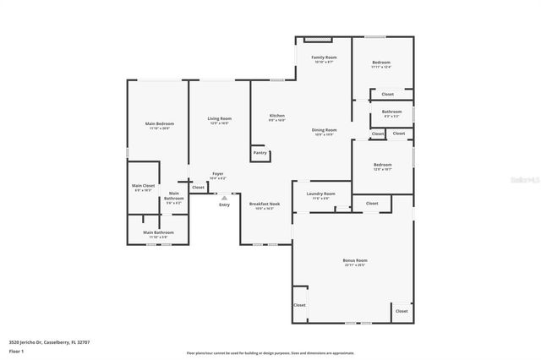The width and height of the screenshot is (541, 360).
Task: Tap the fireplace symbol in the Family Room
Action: click(314, 39)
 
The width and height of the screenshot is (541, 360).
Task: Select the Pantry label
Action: click(260, 153)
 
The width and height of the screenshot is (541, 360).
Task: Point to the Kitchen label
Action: click(277, 116)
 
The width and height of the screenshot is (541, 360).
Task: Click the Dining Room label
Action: click(325, 130)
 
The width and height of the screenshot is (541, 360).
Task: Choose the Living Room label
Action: click(220, 119)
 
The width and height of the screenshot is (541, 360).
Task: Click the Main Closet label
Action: click(143, 185)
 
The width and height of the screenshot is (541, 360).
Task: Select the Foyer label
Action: click(217, 174)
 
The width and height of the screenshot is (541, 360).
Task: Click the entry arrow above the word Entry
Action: click(224, 197)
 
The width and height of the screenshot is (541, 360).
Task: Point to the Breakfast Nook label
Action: click(265, 204)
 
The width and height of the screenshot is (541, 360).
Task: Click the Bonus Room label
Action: click(354, 260)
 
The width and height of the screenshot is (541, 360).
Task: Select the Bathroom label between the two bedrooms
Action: click(391, 112)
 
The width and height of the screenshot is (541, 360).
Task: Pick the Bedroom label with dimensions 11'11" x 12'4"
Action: click(381, 63)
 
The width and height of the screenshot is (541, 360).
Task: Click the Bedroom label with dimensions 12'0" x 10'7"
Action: click(382, 165)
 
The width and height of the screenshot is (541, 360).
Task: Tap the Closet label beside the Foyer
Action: click(198, 188)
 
